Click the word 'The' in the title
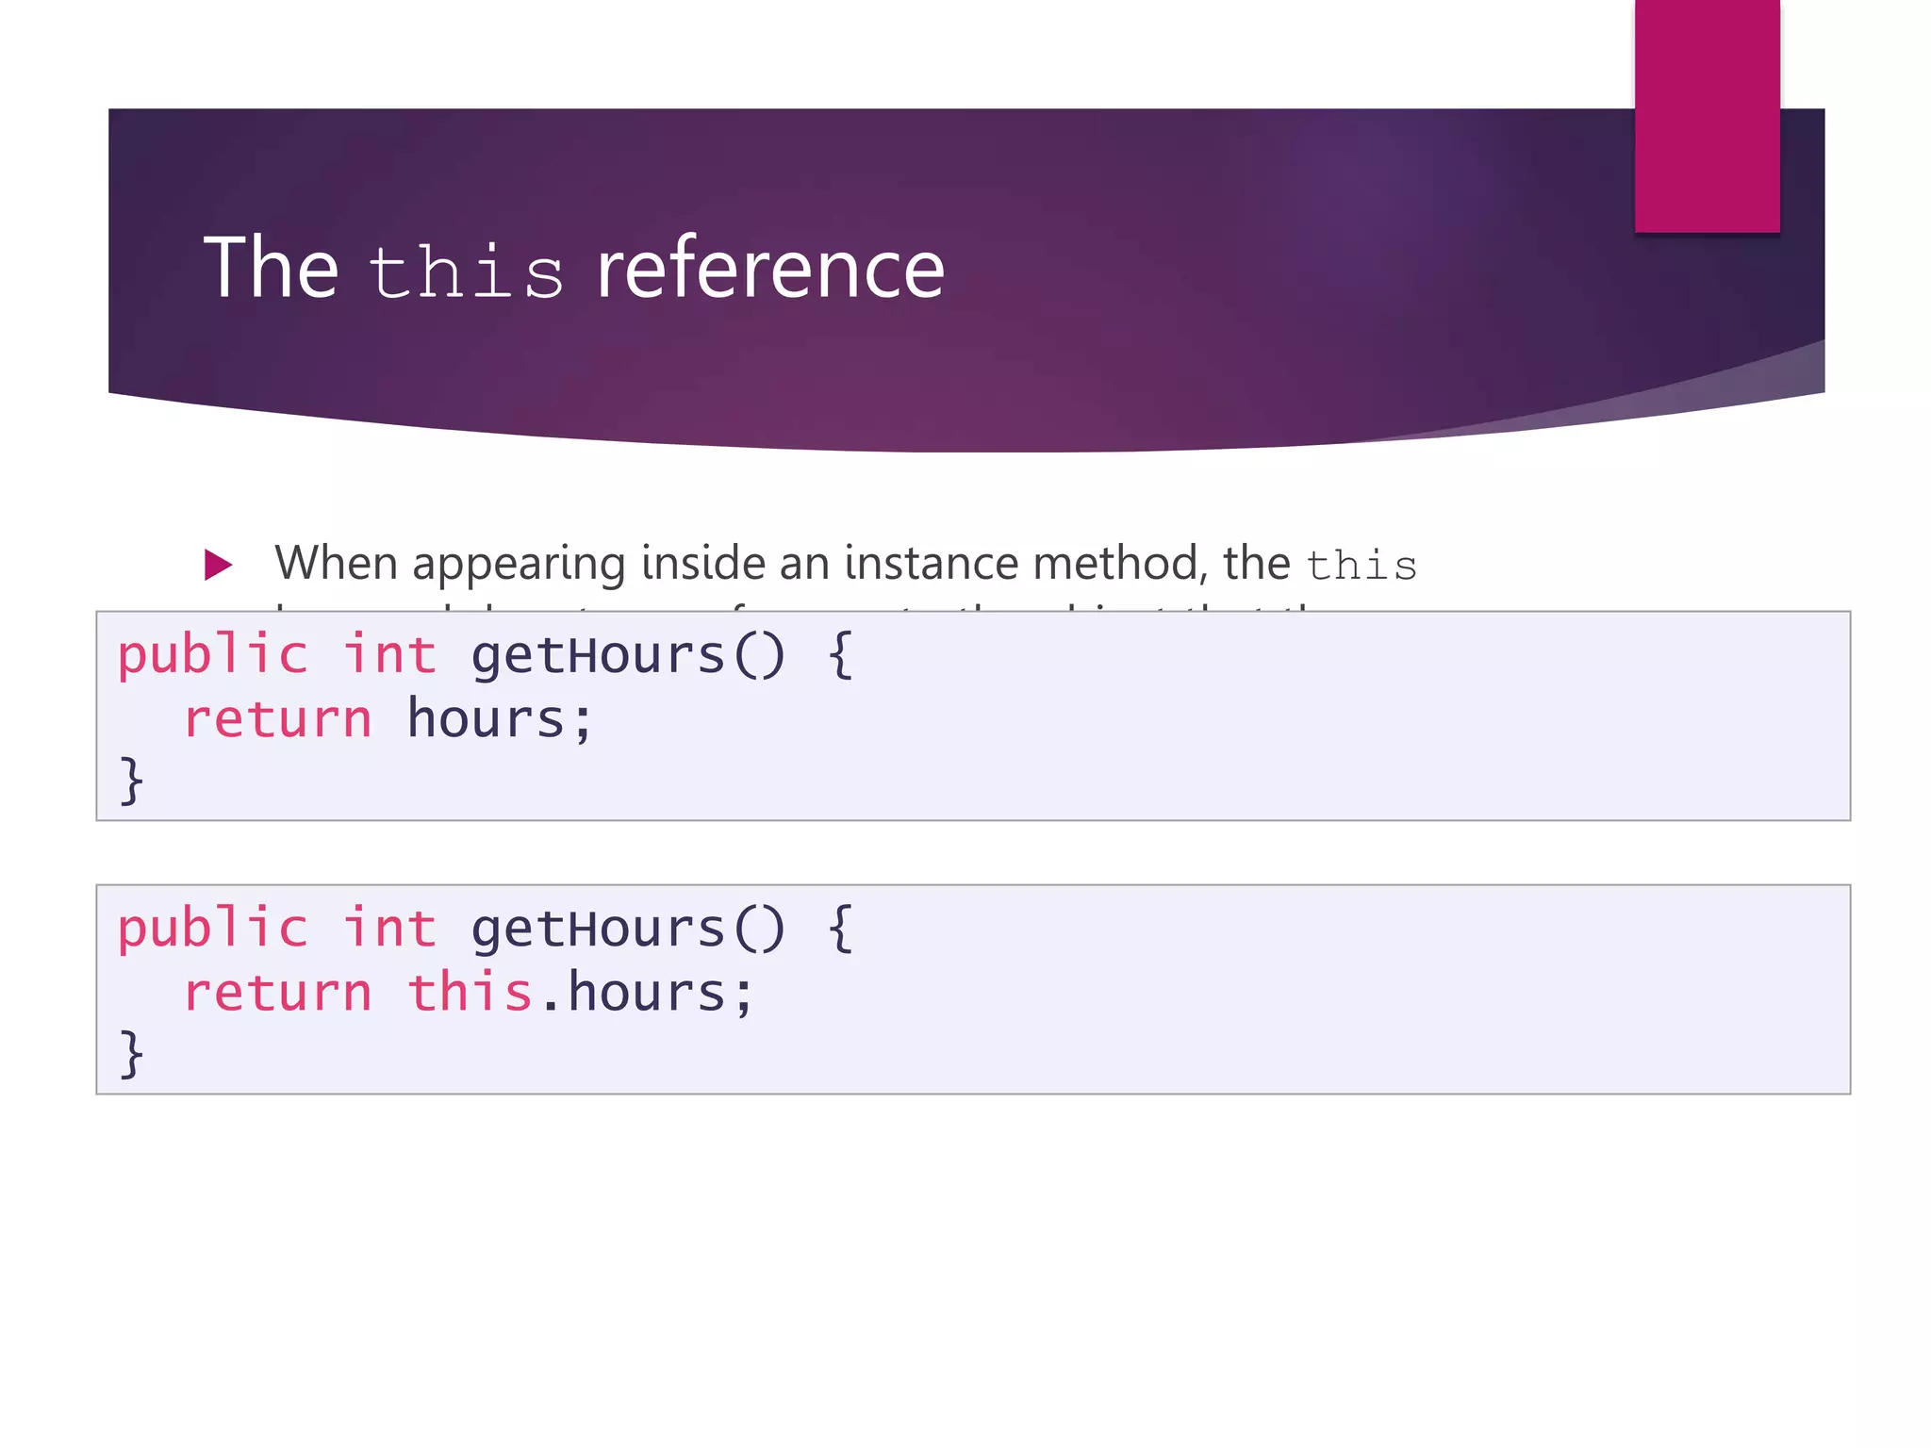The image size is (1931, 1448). tap(271, 269)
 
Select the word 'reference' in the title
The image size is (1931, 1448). tap(770, 269)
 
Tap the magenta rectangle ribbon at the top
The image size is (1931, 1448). tap(1707, 115)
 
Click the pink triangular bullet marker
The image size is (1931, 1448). tap(218, 565)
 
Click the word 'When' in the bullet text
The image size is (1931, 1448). tap(336, 563)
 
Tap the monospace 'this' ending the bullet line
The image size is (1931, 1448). tap(1361, 566)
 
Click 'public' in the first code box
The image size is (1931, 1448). tap(212, 655)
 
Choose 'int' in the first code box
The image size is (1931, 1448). tap(388, 655)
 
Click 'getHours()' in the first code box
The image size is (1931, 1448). tap(627, 655)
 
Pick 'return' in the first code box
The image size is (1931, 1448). tap(278, 719)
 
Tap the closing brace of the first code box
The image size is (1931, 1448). tap(131, 782)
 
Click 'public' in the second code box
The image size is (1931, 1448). tap(212, 929)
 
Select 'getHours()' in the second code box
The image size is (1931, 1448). tap(627, 929)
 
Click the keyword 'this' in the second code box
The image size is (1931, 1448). tap(470, 993)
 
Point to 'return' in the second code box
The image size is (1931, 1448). tap(278, 993)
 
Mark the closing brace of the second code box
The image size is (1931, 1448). tap(131, 1055)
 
